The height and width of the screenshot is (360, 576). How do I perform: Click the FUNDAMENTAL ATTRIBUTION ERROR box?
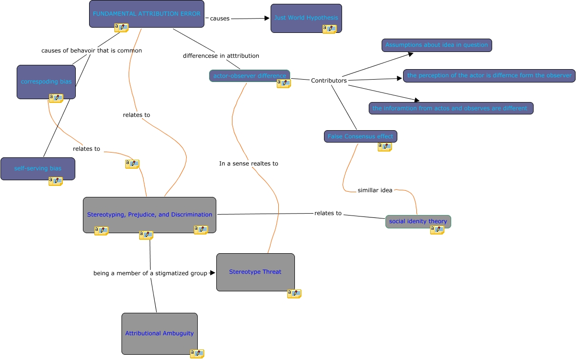pos(146,13)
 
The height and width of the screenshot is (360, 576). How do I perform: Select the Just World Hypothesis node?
pos(306,18)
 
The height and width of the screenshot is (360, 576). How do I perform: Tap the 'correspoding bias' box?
pos(46,82)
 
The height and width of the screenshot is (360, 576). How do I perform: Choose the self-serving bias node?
pos(38,168)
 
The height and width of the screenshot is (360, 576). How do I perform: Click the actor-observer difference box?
pos(249,75)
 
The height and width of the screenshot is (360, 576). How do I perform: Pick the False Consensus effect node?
pos(360,136)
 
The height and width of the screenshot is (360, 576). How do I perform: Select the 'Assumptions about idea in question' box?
pos(436,45)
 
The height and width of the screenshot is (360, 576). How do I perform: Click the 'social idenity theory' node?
pos(418,221)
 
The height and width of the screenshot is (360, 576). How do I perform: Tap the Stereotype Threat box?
pos(255,272)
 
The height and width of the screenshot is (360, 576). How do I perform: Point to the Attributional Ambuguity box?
pos(159,333)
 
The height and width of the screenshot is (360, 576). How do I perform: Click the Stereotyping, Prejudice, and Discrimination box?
pos(150,215)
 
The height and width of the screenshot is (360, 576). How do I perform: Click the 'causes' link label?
pos(220,18)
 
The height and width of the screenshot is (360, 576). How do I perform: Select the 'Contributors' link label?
pos(329,81)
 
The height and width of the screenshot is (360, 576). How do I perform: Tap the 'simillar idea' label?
pos(375,190)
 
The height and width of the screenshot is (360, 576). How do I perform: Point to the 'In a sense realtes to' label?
pos(249,164)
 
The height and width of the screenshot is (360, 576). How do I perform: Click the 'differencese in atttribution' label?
pos(221,56)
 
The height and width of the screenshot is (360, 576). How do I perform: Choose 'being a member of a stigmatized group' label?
pos(150,273)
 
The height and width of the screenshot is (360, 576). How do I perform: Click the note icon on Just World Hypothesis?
pos(329,29)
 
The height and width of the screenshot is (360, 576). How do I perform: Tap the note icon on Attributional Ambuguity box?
pos(197,353)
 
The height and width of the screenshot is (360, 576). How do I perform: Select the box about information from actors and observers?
pos(451,108)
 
